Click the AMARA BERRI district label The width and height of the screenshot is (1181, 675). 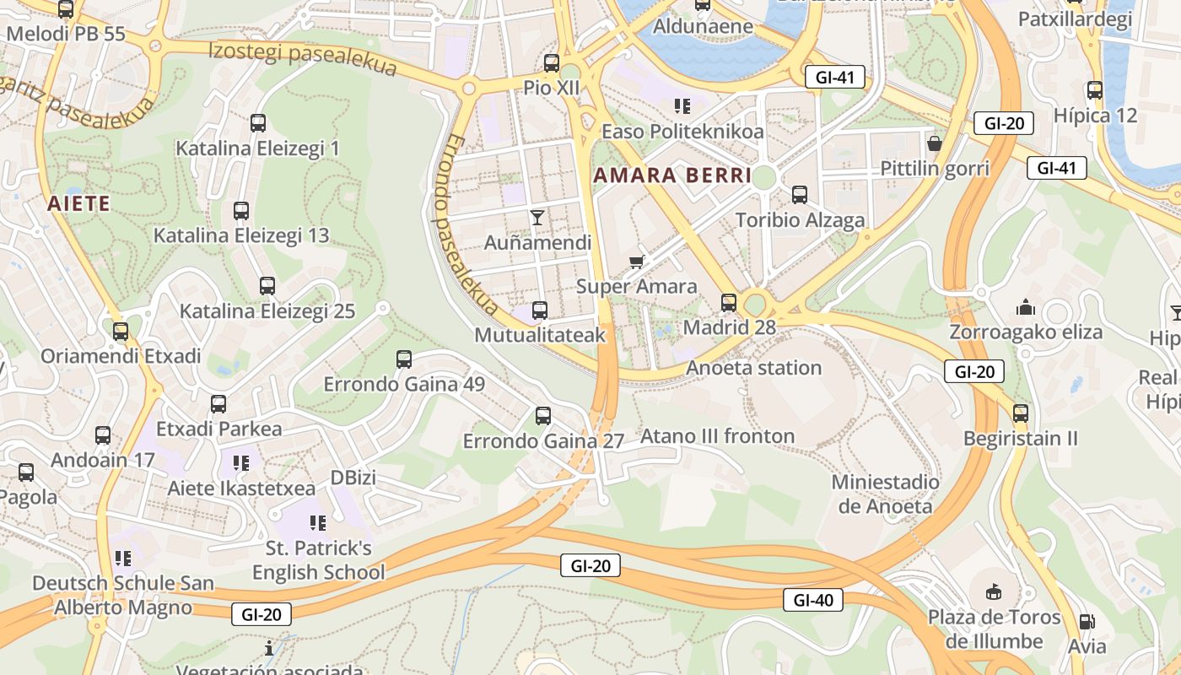[x=671, y=175]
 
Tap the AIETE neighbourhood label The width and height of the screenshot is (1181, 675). [x=78, y=203]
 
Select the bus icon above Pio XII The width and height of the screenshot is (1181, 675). [x=552, y=62]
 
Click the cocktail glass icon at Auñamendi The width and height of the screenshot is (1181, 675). [x=537, y=218]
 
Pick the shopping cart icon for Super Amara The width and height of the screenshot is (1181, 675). [x=637, y=262]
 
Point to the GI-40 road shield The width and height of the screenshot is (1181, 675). [x=813, y=600]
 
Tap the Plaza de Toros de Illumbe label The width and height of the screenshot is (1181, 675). [x=994, y=629]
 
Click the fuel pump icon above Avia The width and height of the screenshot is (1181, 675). [x=1087, y=622]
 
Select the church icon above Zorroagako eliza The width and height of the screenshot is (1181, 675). [x=1026, y=306]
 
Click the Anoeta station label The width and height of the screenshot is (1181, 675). [x=753, y=368]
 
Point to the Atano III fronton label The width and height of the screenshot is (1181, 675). [x=717, y=436]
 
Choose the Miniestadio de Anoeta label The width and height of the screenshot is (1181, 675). [x=885, y=494]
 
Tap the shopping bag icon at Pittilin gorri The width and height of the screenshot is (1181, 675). [x=934, y=143]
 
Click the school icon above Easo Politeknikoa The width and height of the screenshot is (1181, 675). [x=682, y=106]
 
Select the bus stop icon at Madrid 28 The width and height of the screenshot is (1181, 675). [x=729, y=302]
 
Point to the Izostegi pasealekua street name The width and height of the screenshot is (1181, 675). [x=302, y=58]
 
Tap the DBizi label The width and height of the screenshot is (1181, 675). [x=353, y=478]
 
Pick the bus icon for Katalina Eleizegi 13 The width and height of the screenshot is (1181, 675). [x=241, y=210]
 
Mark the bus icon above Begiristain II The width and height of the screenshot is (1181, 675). [x=1021, y=413]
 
